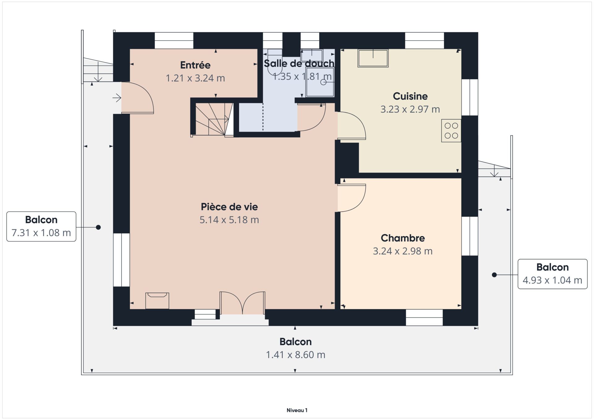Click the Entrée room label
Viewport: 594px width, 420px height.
click(x=195, y=65)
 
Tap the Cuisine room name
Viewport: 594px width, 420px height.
click(x=410, y=96)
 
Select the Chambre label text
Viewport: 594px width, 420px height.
click(x=403, y=238)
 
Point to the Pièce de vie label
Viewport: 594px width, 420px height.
click(x=229, y=207)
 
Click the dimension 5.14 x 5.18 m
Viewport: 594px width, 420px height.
click(x=229, y=220)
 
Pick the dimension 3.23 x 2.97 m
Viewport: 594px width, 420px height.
click(x=410, y=109)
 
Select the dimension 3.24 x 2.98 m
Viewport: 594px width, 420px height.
click(x=403, y=251)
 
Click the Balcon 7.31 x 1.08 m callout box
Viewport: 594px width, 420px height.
click(x=41, y=226)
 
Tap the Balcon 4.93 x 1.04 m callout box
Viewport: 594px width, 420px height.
click(x=553, y=274)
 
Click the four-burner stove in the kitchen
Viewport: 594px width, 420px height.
click(x=451, y=131)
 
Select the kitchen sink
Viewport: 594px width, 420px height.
click(x=373, y=58)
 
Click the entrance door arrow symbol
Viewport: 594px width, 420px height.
click(x=117, y=98)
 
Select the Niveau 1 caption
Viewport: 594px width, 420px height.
click(x=297, y=410)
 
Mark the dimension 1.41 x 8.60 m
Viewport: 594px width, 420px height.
click(x=296, y=355)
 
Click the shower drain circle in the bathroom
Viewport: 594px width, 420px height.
click(x=323, y=82)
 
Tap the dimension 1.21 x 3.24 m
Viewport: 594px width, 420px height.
click(x=195, y=78)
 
